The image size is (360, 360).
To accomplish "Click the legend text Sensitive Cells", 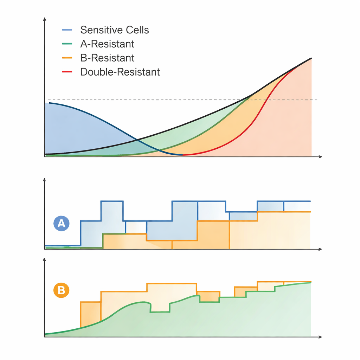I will [115, 30].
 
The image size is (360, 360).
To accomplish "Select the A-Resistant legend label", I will [107, 44].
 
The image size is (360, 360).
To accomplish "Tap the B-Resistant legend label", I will [107, 58].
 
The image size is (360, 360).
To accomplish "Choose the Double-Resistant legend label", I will [120, 72].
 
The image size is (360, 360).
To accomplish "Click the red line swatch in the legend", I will [67, 72].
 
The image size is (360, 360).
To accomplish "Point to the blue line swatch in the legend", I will [67, 30].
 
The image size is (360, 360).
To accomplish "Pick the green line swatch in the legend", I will [67, 44].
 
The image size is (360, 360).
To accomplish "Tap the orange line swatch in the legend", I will [67, 58].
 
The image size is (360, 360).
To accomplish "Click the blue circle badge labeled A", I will [61, 224].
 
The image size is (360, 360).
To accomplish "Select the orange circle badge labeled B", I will [61, 290].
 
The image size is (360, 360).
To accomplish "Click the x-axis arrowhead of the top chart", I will [320, 156].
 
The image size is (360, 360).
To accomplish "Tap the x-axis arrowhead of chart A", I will [320, 249].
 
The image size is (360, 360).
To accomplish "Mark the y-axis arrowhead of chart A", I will [44, 180].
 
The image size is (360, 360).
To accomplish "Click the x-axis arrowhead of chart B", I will [320, 337].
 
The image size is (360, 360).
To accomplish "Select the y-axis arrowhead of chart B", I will [44, 259].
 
